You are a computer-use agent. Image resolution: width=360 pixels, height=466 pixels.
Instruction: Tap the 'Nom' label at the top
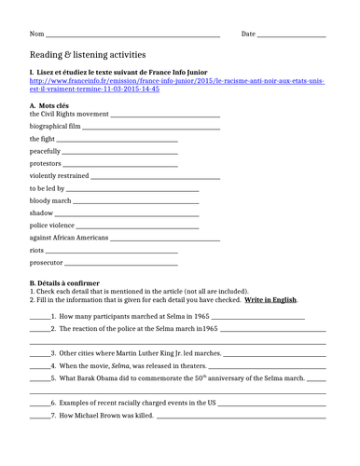(x=37, y=34)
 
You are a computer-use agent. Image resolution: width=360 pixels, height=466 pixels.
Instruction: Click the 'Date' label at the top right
(x=248, y=34)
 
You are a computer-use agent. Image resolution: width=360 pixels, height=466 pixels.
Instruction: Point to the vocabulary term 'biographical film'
(x=55, y=126)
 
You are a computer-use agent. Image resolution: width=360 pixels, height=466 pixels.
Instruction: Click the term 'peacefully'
(x=45, y=151)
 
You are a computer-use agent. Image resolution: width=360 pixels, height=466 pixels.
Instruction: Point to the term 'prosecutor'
(x=46, y=263)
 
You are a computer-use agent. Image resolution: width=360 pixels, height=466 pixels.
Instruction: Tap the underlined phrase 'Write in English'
(x=271, y=299)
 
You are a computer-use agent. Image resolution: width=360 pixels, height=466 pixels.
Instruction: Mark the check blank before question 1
(x=39, y=317)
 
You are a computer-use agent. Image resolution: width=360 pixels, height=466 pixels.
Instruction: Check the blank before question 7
(x=39, y=415)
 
